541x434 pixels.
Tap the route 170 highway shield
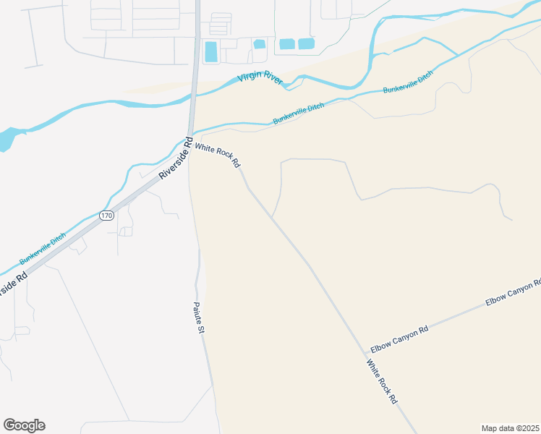point(107,216)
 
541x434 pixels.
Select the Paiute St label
point(200,318)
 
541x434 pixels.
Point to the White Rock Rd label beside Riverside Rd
point(218,154)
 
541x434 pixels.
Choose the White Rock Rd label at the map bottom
point(382,382)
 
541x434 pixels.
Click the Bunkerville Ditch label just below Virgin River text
point(299,113)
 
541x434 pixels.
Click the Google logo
point(24,425)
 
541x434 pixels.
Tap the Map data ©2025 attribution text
point(511,428)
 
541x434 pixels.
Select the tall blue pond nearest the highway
point(211,51)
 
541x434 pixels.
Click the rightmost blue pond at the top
point(306,44)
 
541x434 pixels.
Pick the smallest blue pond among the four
point(260,44)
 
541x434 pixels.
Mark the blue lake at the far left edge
point(6,140)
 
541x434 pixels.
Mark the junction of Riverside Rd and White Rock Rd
point(189,137)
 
